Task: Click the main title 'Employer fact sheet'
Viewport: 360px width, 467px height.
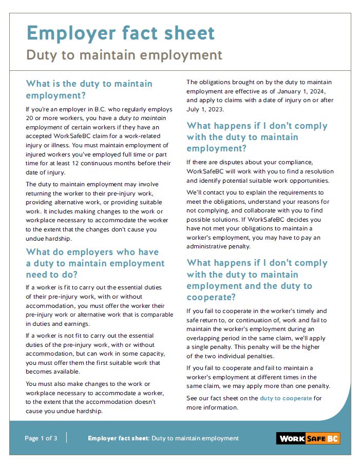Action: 121,33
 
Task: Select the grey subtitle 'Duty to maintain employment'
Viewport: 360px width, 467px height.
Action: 124,55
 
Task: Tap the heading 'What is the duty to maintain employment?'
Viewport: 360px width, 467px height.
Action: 89,89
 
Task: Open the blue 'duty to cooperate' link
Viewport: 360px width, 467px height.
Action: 286,398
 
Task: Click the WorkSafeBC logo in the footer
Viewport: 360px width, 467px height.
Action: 309,438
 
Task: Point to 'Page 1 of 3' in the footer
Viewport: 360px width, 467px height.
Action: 41,438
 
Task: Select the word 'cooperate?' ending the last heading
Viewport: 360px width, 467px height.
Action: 211,297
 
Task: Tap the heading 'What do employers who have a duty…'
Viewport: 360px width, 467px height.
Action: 95,263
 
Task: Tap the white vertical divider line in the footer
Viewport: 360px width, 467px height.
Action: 67,438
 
